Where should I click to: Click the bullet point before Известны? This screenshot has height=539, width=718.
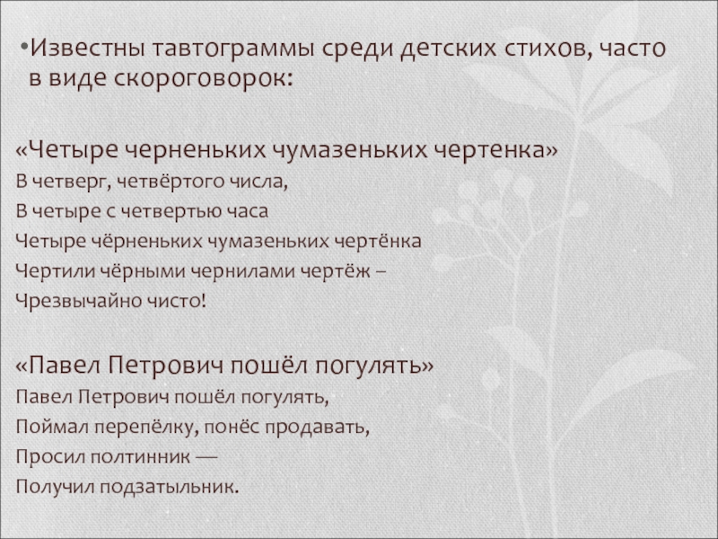25,48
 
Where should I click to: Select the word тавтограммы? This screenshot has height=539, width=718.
233,49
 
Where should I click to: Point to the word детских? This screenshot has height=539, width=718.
448,49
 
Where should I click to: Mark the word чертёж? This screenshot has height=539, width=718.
335,271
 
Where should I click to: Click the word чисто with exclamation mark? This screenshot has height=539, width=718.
176,301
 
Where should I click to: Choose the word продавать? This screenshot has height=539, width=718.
318,428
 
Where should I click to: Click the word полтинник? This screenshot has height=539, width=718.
140,457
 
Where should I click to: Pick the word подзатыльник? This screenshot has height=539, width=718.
170,487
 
